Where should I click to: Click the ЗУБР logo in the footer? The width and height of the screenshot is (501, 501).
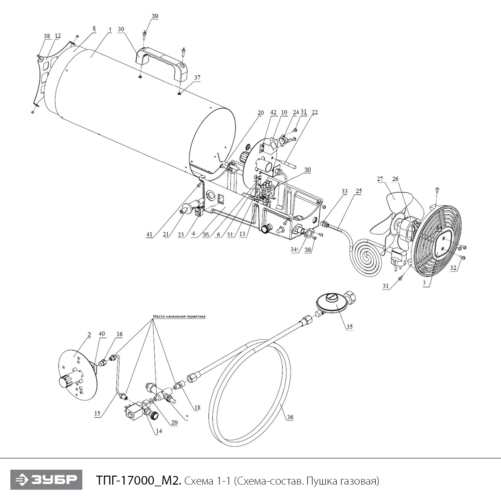pyautogui.click(x=46, y=480)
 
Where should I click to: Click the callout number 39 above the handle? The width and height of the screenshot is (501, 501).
pyautogui.click(x=155, y=16)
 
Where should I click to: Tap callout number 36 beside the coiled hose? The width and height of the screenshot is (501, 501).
pyautogui.click(x=290, y=417)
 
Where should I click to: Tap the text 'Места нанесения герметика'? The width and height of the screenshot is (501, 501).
pyautogui.click(x=179, y=316)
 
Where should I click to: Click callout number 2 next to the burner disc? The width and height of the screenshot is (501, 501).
pyautogui.click(x=89, y=334)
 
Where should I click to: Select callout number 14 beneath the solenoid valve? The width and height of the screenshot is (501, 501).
pyautogui.click(x=159, y=431)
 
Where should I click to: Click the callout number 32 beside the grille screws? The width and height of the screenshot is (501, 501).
pyautogui.click(x=453, y=268)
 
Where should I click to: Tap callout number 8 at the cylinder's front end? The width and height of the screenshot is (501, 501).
pyautogui.click(x=94, y=29)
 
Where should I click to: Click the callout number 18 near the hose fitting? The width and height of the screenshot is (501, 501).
pyautogui.click(x=197, y=407)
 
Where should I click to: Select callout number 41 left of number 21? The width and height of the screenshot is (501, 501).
pyautogui.click(x=149, y=234)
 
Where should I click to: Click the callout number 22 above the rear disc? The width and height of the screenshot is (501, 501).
pyautogui.click(x=314, y=113)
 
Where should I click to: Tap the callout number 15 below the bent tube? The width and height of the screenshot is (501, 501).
pyautogui.click(x=97, y=413)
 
